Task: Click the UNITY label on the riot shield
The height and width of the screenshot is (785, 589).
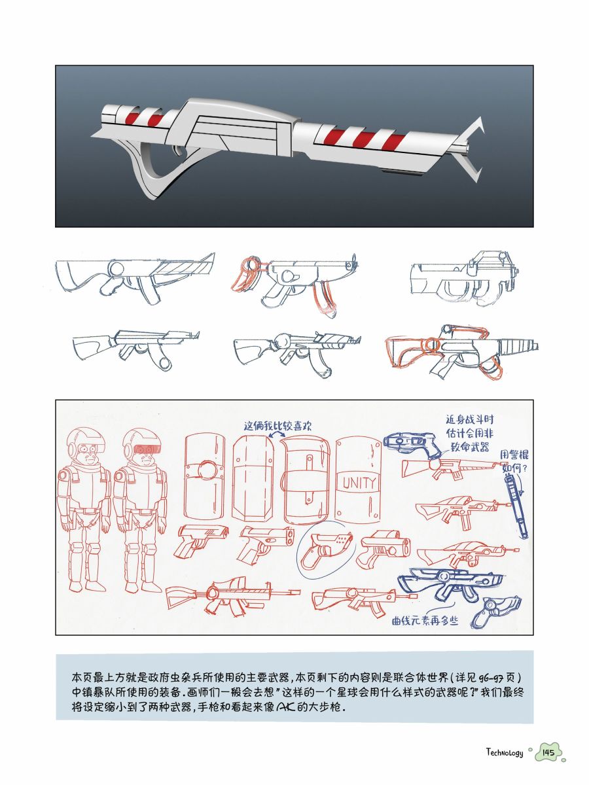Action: (359, 483)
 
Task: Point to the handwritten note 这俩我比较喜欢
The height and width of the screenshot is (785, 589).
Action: (277, 426)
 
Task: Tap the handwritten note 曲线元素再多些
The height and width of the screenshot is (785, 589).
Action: (425, 621)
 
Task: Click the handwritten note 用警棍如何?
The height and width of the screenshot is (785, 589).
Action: (514, 461)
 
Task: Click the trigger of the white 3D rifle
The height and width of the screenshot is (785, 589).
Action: (178, 150)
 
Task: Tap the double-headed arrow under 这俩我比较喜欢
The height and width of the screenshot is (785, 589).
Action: (277, 434)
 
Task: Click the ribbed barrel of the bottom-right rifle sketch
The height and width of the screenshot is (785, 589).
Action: (518, 345)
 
